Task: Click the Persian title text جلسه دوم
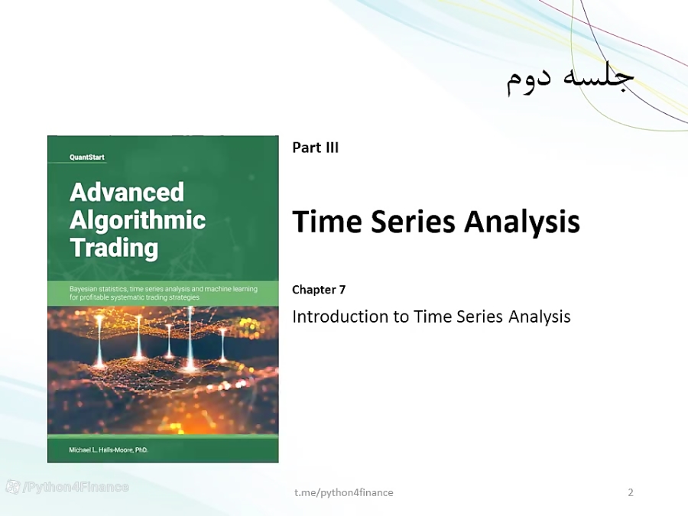570,79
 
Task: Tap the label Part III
315,148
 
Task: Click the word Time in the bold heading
325,222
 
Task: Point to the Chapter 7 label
319,290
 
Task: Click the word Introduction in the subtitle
341,316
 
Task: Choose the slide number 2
631,492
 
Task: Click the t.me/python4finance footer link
344,492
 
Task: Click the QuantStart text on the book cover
87,157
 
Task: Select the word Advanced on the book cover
127,191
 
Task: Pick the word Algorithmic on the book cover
138,220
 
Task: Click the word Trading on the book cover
114,248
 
